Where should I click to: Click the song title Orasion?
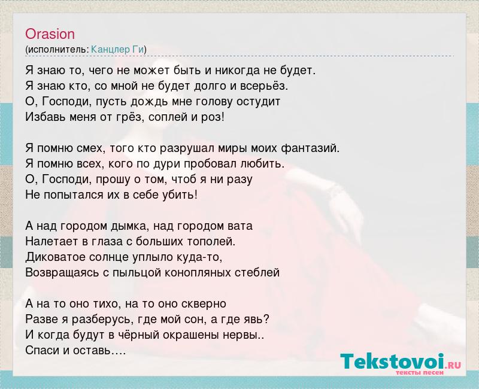[50, 34]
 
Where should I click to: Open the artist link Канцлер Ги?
[117, 49]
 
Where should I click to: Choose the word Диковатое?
[56, 257]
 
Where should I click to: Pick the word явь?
[258, 320]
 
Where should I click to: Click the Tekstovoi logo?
[401, 362]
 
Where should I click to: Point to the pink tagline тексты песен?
[420, 373]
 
